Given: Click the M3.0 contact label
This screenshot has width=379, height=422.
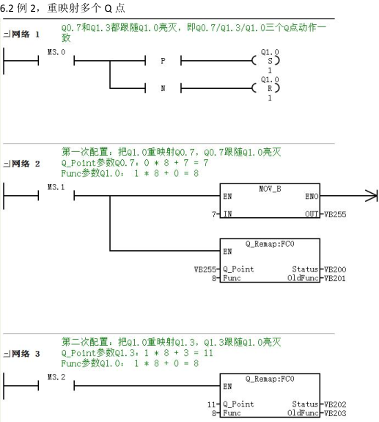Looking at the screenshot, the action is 56,52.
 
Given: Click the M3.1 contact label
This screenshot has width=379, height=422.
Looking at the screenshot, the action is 56,187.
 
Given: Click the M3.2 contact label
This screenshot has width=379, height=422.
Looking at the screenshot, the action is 56,377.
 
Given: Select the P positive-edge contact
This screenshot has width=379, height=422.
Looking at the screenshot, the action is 163,61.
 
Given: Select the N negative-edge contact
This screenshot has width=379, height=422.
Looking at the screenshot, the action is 163,88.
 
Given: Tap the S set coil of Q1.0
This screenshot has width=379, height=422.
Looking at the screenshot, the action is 266,61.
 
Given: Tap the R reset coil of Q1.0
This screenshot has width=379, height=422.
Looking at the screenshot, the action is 266,88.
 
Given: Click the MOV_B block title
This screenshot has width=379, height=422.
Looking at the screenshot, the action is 270,189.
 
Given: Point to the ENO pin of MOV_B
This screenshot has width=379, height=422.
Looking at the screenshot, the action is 312,197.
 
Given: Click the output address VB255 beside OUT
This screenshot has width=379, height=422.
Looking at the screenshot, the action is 335,214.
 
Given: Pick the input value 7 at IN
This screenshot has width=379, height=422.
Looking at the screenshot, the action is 214,214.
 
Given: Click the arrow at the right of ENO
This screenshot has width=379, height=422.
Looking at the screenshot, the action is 372,196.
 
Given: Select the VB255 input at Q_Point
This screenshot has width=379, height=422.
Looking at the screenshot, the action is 205,269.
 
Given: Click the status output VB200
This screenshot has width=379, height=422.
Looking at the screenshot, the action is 335,269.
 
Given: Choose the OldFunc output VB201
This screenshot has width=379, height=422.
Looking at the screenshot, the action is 335,278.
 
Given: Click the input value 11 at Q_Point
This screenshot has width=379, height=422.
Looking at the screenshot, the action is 212,404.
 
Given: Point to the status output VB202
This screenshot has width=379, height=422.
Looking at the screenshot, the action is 335,404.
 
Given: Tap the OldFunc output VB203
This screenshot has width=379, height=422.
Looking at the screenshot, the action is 335,413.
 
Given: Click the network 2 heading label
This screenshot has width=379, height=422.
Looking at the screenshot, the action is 21,164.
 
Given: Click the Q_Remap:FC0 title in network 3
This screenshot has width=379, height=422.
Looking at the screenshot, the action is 270,379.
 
